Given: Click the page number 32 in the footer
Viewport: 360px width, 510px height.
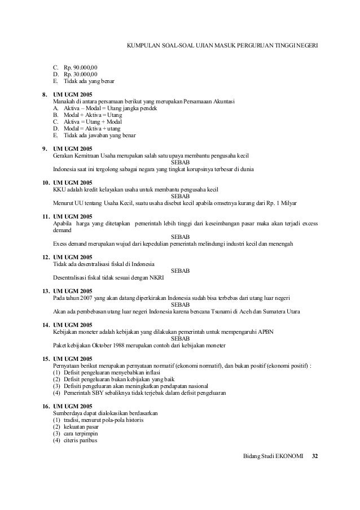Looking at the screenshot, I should pyautogui.click(x=315, y=455).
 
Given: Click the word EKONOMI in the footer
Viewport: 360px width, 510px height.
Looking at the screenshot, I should pyautogui.click(x=289, y=455).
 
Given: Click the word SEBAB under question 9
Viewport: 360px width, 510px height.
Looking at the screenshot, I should pyautogui.click(x=180, y=162).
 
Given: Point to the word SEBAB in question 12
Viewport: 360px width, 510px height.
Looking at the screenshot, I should pyautogui.click(x=180, y=271).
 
